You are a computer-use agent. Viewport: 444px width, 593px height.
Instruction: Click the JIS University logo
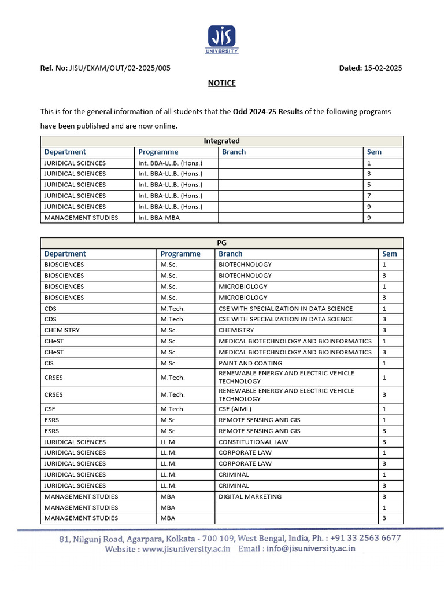click(x=222, y=39)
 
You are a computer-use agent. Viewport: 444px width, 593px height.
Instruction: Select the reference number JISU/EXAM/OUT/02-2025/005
click(x=120, y=68)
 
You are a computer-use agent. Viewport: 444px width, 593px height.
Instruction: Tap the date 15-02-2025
click(x=383, y=68)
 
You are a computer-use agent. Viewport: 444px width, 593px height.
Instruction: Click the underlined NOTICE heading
click(x=222, y=83)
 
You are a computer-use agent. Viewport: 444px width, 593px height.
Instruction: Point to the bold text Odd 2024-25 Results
click(x=268, y=111)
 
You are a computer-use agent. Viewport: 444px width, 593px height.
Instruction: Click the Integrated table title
click(x=222, y=141)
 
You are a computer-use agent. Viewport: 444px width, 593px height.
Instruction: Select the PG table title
click(x=222, y=243)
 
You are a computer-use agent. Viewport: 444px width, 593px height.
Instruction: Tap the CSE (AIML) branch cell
click(x=235, y=409)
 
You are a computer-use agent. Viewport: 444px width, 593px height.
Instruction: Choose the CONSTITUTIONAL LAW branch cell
click(x=253, y=442)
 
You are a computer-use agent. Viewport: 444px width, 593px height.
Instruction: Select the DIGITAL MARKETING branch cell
click(x=250, y=496)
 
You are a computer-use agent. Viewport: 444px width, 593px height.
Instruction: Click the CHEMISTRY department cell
click(x=62, y=330)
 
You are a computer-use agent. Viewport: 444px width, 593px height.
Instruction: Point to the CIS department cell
click(x=49, y=363)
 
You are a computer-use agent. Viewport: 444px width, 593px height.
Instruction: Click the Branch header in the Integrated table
click(x=234, y=152)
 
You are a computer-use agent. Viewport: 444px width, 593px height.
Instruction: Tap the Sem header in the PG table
click(x=390, y=254)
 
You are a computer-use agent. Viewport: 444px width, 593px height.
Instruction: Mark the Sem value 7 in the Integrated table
click(x=369, y=196)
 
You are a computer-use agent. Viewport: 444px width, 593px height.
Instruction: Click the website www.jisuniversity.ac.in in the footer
click(x=186, y=549)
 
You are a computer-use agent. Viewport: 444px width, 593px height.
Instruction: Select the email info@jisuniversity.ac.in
click(x=311, y=549)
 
